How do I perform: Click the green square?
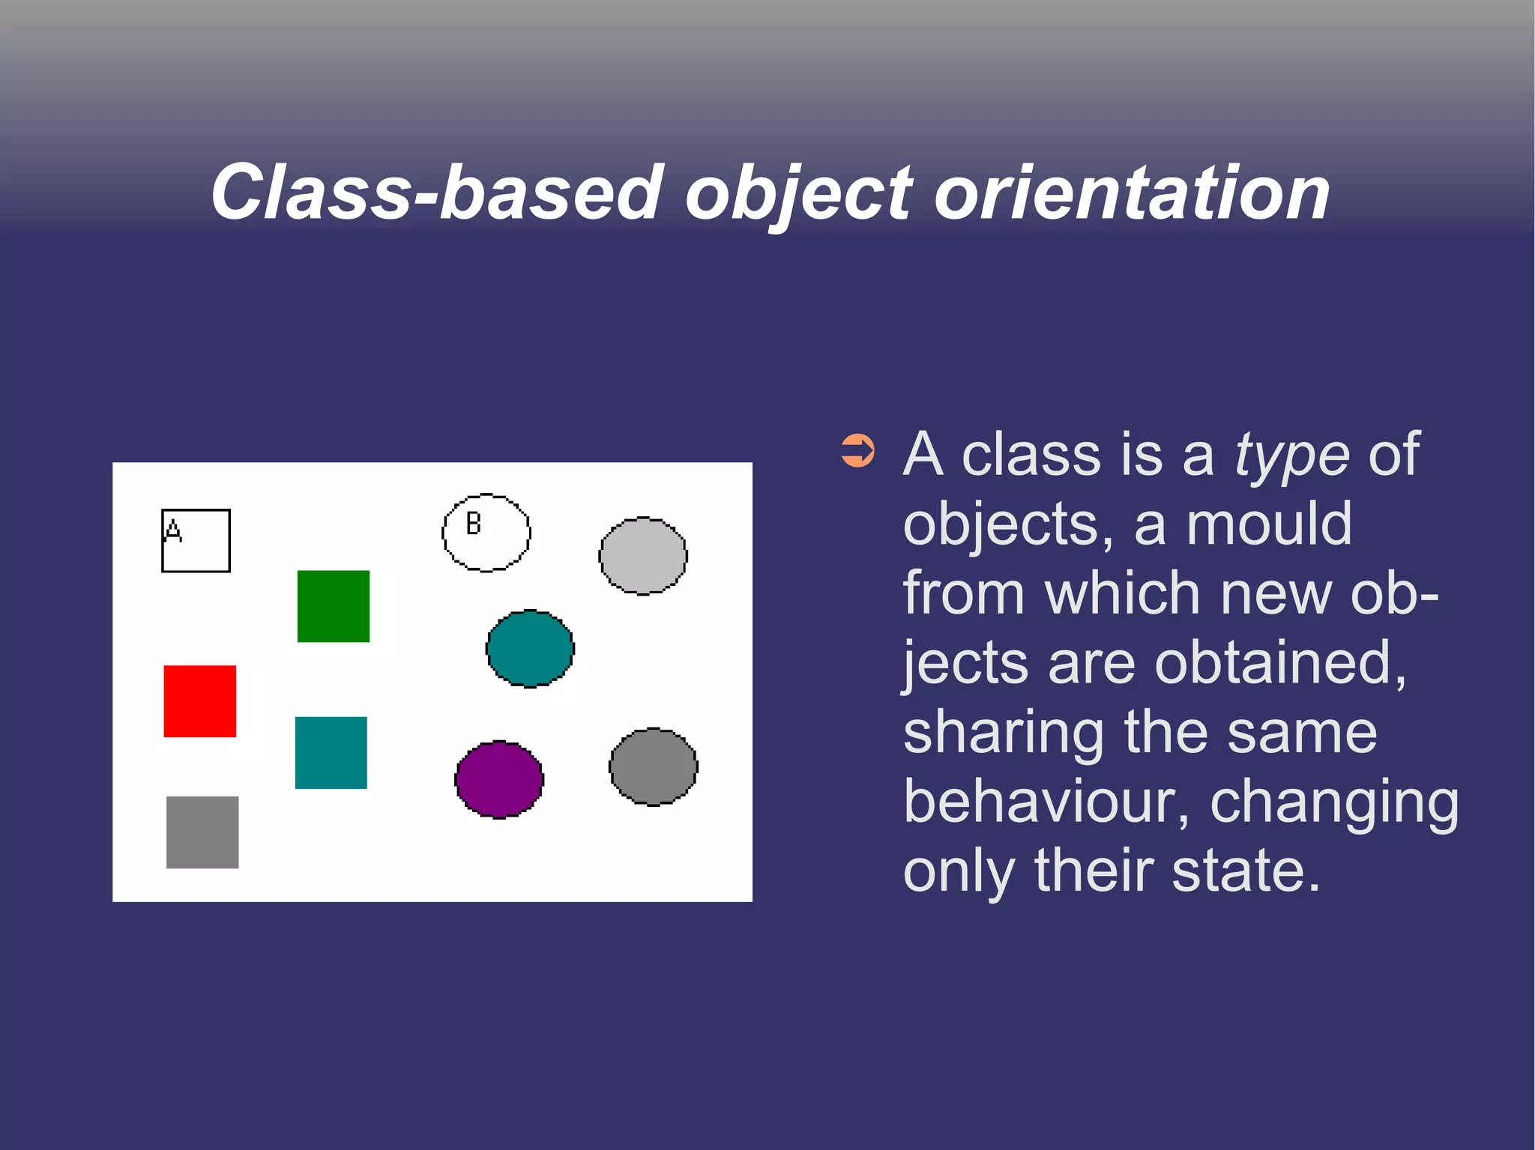click(x=333, y=606)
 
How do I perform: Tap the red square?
click(x=199, y=701)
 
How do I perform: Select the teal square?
click(x=331, y=752)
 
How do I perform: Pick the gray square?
click(x=202, y=832)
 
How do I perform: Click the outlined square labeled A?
click(x=196, y=541)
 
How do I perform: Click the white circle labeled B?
click(x=486, y=533)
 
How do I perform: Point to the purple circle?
click(x=499, y=779)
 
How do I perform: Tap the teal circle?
click(x=530, y=648)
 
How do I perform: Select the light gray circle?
click(x=642, y=556)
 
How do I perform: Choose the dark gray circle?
click(x=653, y=766)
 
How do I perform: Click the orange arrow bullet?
click(x=857, y=451)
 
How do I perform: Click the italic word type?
click(x=1291, y=456)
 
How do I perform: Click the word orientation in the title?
click(x=1132, y=193)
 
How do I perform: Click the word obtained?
click(x=1279, y=663)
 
